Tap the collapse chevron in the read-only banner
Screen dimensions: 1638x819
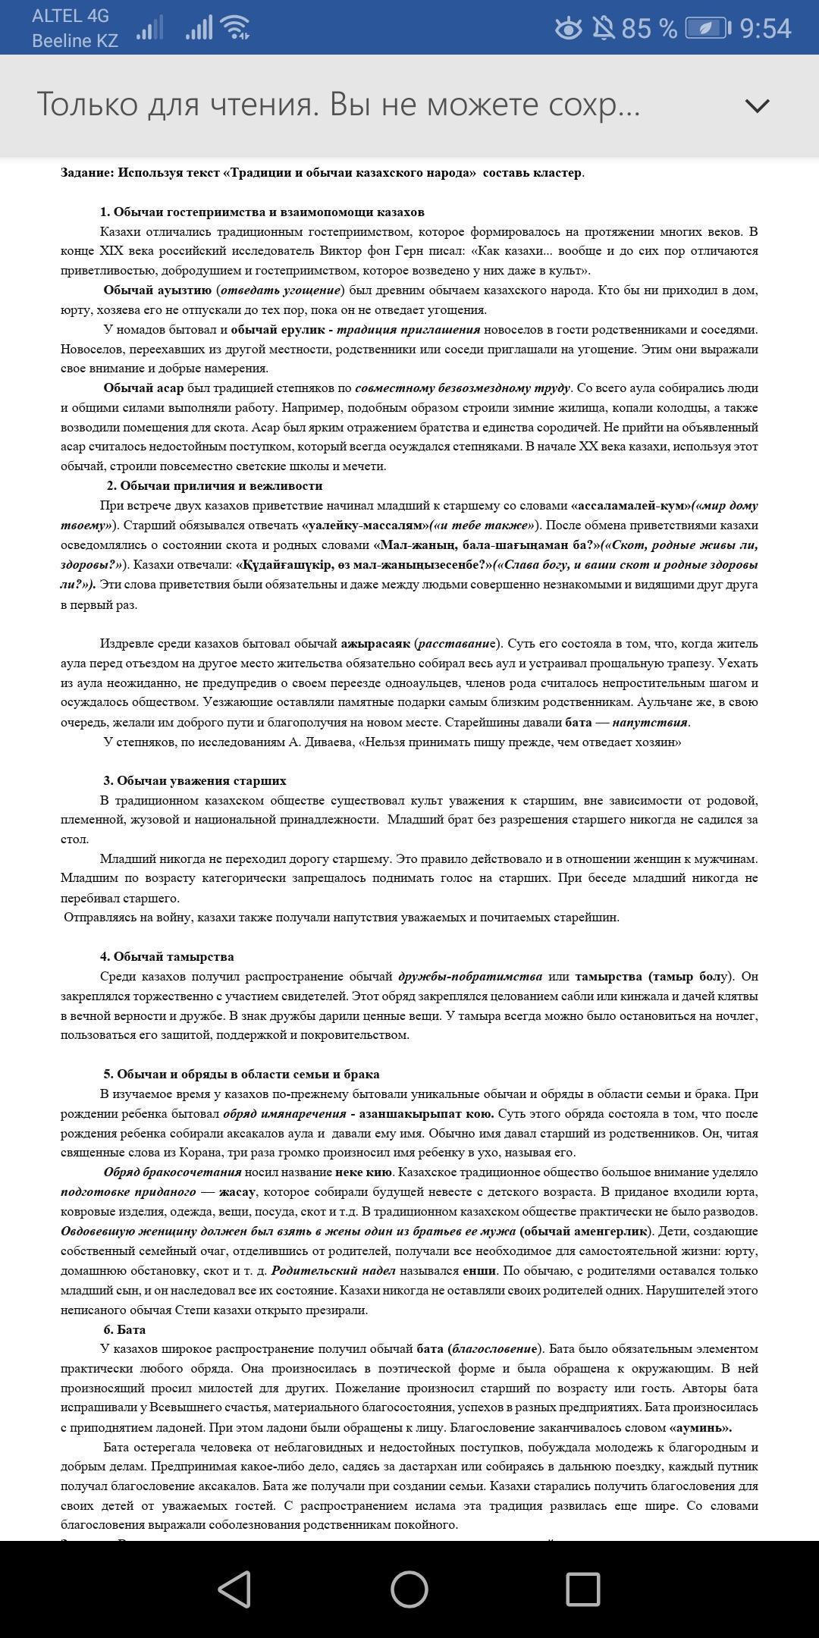point(757,105)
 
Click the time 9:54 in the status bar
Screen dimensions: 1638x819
point(765,29)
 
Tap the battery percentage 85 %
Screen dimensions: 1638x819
point(649,29)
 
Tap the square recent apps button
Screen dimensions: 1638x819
point(583,1589)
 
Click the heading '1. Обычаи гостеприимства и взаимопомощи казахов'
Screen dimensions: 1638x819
point(262,212)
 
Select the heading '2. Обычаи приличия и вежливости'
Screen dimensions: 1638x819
point(215,486)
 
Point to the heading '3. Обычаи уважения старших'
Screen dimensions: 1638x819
point(195,780)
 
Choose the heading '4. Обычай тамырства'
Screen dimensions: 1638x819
point(167,957)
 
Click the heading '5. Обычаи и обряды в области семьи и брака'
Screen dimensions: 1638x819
point(241,1075)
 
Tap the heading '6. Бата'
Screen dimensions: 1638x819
point(124,1329)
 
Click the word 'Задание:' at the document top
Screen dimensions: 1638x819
point(87,173)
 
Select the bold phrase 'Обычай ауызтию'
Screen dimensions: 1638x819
point(158,290)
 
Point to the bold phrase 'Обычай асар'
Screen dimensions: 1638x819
point(143,388)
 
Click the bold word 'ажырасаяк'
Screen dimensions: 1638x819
point(375,644)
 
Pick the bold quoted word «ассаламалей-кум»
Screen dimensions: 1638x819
point(631,506)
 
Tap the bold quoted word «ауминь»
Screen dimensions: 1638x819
point(700,1427)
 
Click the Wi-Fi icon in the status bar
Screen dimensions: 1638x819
point(236,29)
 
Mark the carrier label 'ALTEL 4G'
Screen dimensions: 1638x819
point(71,16)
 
